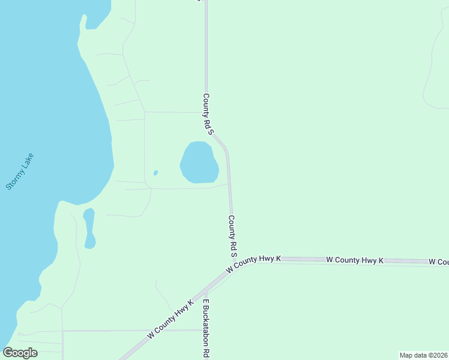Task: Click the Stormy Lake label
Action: tap(20, 172)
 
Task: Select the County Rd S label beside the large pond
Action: tap(208, 113)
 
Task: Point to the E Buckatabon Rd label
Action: tap(206, 328)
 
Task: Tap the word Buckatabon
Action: tap(206, 331)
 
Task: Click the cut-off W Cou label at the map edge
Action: tap(439, 262)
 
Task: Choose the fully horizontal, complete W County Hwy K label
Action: tap(355, 260)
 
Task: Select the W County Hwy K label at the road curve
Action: tap(254, 264)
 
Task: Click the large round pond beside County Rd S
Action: tap(199, 162)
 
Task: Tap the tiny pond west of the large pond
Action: tap(155, 173)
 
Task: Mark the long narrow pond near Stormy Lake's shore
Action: tap(89, 229)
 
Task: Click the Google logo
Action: tap(20, 352)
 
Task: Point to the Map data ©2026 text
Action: tap(423, 355)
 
